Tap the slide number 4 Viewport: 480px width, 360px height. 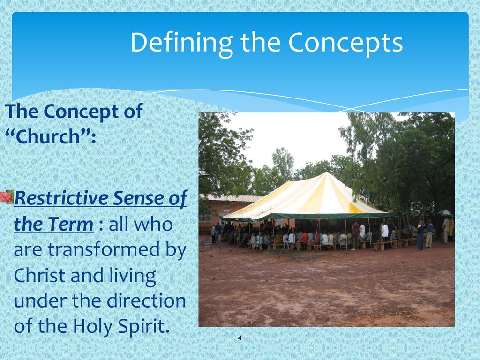240,338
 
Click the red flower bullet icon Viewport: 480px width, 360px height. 7,197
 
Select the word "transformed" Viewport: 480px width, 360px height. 104,249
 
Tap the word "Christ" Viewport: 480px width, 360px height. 40,276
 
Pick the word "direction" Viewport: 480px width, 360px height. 146,300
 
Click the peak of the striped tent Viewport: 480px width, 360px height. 327,173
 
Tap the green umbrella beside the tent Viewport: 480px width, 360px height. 445,213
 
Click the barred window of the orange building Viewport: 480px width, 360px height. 205,217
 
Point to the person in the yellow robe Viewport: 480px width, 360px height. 451,229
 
